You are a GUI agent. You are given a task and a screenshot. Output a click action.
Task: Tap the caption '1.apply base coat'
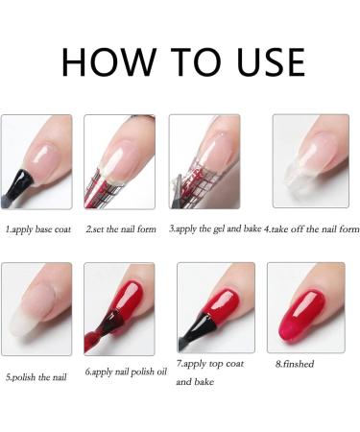38,229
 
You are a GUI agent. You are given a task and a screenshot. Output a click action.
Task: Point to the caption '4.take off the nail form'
314,229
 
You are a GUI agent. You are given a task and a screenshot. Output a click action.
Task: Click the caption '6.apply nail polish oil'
126,366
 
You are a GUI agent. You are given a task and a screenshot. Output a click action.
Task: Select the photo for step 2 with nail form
119,161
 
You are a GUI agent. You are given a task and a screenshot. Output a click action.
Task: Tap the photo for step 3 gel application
204,161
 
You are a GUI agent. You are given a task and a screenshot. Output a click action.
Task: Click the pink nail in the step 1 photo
46,154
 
